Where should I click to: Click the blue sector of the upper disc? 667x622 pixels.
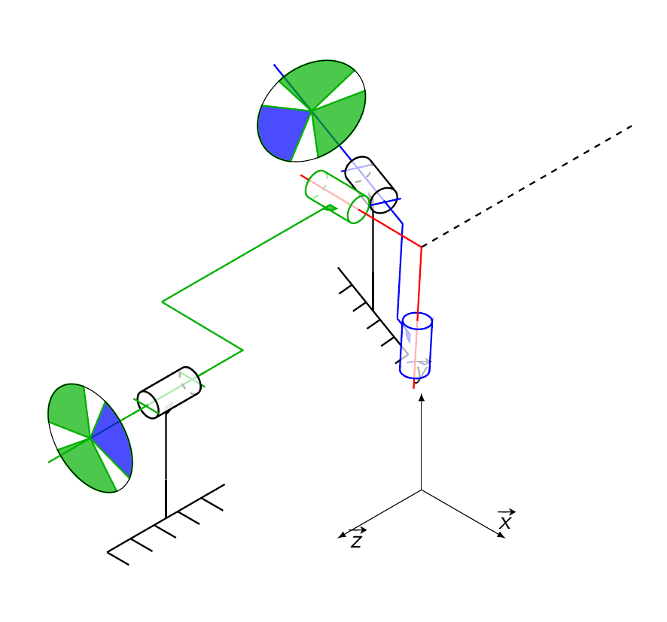(x=282, y=130)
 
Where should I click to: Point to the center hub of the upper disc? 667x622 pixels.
(x=312, y=111)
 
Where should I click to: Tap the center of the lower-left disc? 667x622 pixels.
(x=90, y=438)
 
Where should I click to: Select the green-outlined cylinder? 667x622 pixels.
(x=337, y=197)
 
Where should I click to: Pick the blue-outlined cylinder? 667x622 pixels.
(x=416, y=345)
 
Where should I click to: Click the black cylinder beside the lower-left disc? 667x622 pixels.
(x=169, y=393)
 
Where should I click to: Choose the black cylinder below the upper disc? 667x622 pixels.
(x=371, y=185)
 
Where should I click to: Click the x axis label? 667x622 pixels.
(x=505, y=520)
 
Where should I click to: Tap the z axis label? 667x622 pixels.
(x=357, y=539)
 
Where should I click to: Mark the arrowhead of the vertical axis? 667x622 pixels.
(x=421, y=398)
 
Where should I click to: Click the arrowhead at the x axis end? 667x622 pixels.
(x=501, y=536)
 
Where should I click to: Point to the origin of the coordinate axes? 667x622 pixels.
(x=421, y=490)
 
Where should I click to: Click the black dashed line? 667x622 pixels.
(x=527, y=186)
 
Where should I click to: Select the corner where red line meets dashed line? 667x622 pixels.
(x=421, y=247)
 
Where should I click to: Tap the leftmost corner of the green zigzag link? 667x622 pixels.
(x=162, y=302)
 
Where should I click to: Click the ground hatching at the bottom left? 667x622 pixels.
(x=166, y=525)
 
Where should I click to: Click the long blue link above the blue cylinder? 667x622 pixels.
(x=400, y=271)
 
